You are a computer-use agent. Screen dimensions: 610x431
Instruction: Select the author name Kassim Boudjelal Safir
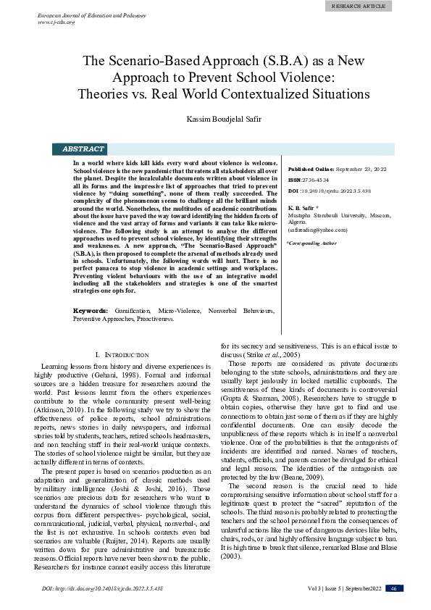click(215, 118)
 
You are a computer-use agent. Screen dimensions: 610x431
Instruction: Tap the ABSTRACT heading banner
click(83, 149)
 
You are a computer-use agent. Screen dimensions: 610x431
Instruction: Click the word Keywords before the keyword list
click(91, 330)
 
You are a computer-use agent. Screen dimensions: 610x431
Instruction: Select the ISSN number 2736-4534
click(315, 179)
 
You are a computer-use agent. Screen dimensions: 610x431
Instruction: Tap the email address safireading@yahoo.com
click(318, 229)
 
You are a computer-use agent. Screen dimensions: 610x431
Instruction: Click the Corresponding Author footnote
click(313, 243)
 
